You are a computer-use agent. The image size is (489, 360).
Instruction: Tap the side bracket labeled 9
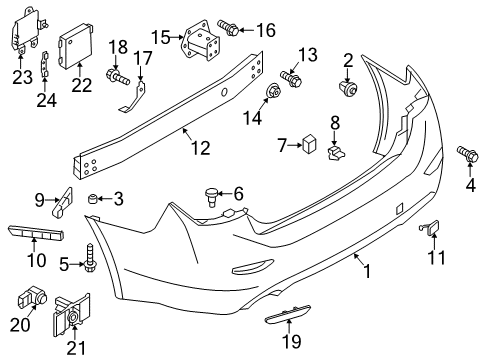tap(60, 202)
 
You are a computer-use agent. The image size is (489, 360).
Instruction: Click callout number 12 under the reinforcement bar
tap(200, 149)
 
